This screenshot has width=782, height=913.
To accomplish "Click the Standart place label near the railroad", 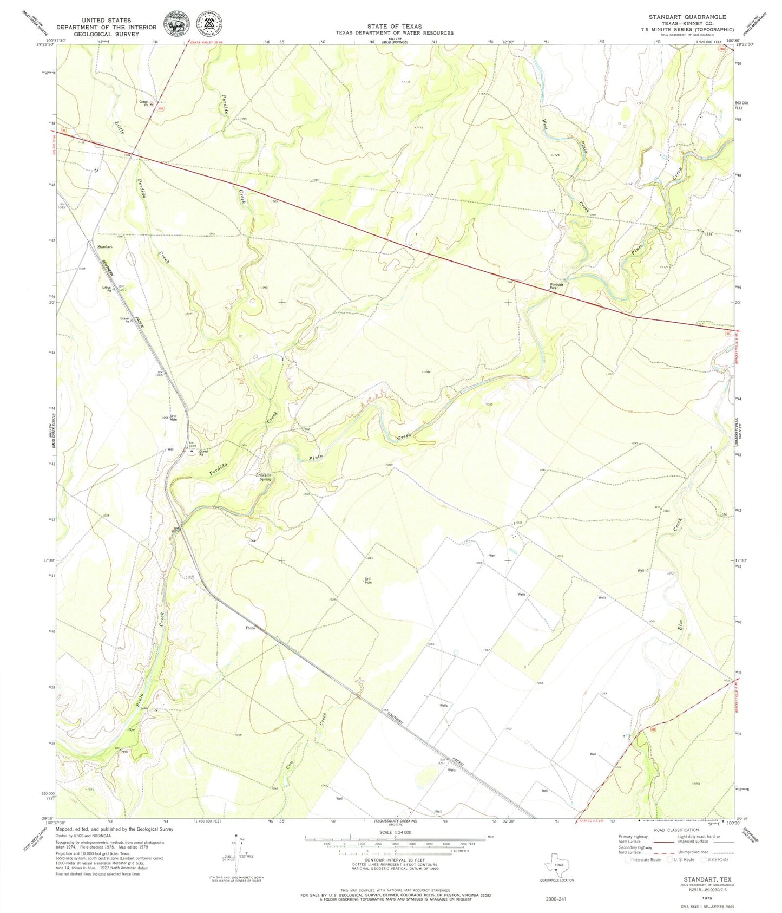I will [x=104, y=246].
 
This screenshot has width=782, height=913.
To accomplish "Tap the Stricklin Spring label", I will [x=264, y=477].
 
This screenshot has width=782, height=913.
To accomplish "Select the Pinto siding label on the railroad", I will [x=250, y=628].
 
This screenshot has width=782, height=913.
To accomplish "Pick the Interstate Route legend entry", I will [x=644, y=859].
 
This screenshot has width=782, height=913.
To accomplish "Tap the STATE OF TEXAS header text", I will [x=394, y=26].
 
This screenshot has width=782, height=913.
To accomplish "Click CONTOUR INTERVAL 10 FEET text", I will [x=394, y=860].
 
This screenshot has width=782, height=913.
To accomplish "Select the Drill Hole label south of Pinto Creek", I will [x=368, y=581].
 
